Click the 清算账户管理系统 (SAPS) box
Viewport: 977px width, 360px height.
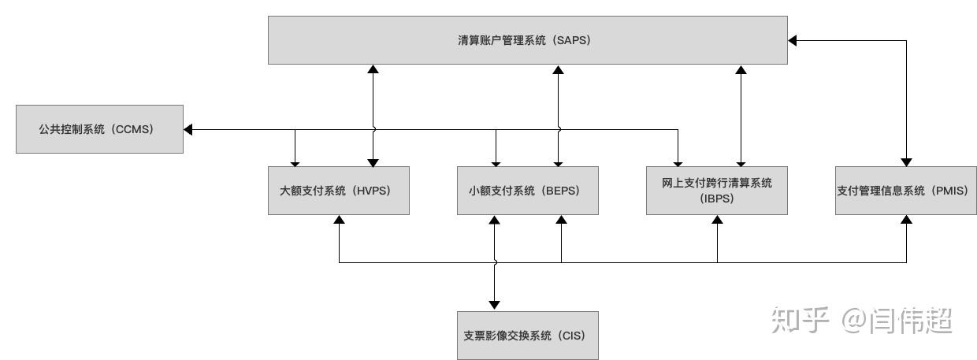(x=527, y=40)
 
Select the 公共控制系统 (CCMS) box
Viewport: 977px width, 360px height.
(x=99, y=128)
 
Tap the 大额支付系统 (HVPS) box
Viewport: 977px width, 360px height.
(x=339, y=191)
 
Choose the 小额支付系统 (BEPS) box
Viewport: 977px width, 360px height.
(x=528, y=191)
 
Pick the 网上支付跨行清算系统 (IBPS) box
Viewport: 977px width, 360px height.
(x=716, y=191)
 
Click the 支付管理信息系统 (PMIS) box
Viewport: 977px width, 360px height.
(x=905, y=191)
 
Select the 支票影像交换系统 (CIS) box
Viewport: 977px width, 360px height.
(x=527, y=335)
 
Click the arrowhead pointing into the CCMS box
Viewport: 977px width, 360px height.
(x=189, y=128)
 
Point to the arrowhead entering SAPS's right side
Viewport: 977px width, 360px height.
(x=793, y=39)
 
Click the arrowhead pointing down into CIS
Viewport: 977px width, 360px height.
(x=495, y=305)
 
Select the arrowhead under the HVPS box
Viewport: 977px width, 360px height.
(x=339, y=220)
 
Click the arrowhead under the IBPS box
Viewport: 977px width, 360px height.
(x=717, y=220)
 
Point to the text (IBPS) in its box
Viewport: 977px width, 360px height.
(x=716, y=199)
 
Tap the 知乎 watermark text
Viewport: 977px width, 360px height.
(x=801, y=321)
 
